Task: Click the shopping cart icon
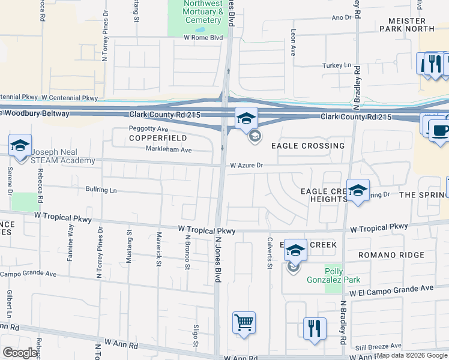244,323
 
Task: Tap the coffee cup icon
439,130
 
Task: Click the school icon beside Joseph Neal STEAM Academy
20,146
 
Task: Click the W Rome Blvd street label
203,37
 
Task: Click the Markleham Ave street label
169,150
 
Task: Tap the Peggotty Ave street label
148,128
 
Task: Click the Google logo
20,353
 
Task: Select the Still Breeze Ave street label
377,346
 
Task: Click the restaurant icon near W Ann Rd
315,328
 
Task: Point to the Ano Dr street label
341,17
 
